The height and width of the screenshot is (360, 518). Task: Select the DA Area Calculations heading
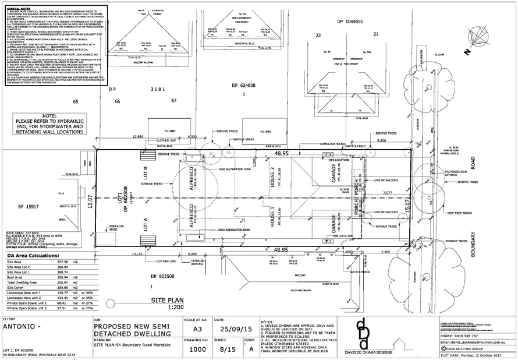[33, 255]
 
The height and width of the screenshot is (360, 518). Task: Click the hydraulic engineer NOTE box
[49, 124]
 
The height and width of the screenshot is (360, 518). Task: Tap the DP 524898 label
[244, 85]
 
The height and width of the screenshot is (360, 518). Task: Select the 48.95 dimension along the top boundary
[282, 153]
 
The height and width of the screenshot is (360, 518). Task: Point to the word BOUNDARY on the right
[473, 245]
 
